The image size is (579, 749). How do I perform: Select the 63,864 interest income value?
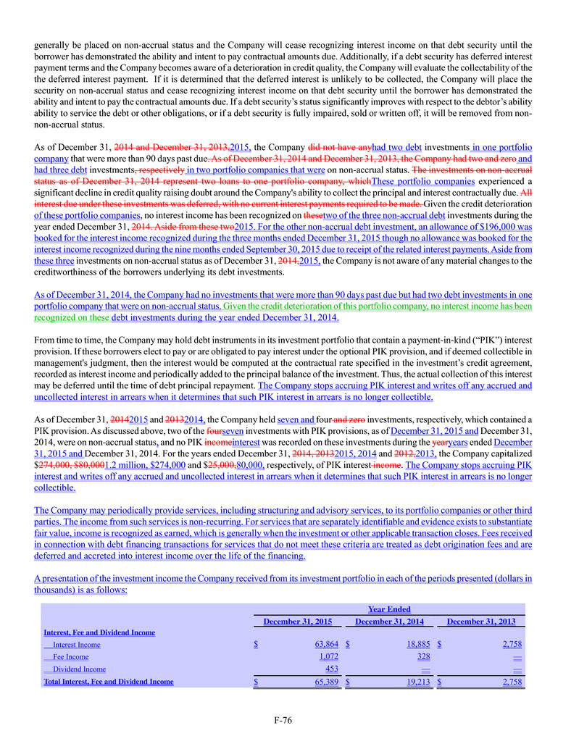pos(327,645)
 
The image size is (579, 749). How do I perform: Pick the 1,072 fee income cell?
pos(328,657)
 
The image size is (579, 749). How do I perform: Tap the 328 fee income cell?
pos(424,657)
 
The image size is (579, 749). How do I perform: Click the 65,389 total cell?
pos(327,682)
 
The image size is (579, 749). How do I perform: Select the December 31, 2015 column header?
pos(297,622)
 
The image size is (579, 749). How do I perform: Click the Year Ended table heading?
pos(389,609)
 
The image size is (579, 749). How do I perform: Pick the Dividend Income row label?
pos(79,669)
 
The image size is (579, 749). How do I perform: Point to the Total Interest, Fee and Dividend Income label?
pos(108,682)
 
